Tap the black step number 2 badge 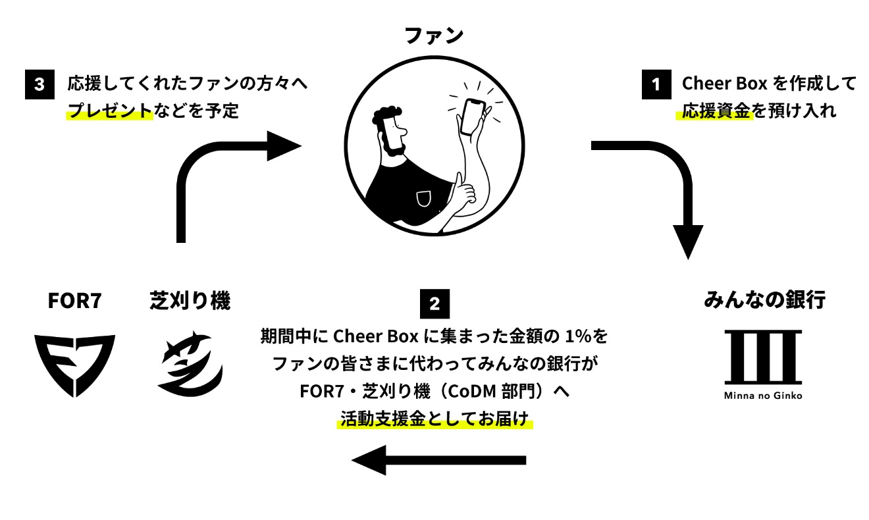[434, 303]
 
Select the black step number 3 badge [39, 85]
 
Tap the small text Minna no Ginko [763, 396]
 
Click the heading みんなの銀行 [764, 301]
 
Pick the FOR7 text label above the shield [75, 301]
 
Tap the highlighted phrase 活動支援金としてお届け [434, 419]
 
